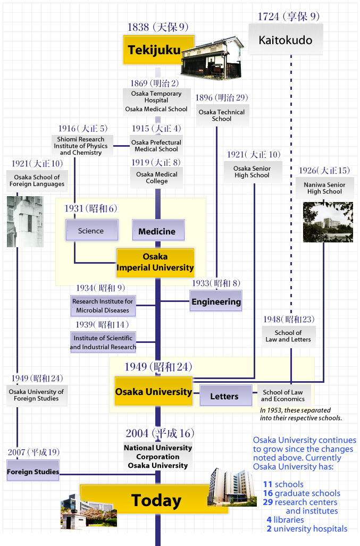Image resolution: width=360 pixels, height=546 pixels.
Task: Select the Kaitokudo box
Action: [286, 40]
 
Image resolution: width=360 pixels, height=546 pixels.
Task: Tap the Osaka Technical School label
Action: [222, 115]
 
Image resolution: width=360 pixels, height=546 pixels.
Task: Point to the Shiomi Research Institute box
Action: [80, 146]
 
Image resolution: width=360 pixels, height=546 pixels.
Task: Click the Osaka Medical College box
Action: [157, 178]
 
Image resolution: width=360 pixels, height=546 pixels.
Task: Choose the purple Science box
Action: [91, 231]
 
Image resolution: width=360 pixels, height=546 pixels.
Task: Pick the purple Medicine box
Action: [157, 231]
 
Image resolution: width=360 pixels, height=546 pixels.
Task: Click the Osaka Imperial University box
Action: [155, 263]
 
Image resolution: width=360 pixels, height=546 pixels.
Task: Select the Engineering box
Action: [216, 301]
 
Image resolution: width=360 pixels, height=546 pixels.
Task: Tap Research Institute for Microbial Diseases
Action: [103, 306]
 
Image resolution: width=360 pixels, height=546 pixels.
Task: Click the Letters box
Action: [224, 396]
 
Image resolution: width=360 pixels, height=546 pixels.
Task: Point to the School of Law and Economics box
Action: [283, 396]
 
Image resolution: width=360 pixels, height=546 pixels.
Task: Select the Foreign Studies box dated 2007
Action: [33, 472]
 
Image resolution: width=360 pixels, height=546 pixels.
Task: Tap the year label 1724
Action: [268, 16]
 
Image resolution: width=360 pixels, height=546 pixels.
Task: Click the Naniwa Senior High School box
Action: [324, 188]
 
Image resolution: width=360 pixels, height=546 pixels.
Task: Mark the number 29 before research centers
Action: [267, 502]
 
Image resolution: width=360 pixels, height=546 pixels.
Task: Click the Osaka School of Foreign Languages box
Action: [37, 181]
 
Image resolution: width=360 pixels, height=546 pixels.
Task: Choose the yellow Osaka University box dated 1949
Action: [154, 392]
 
